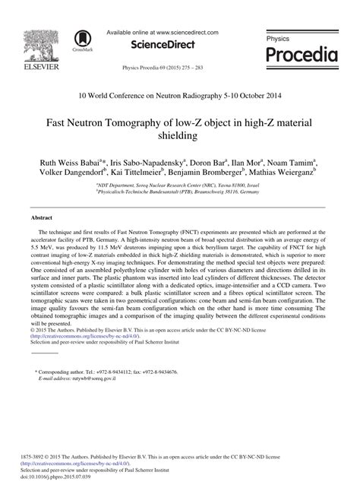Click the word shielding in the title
(x=179, y=137)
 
